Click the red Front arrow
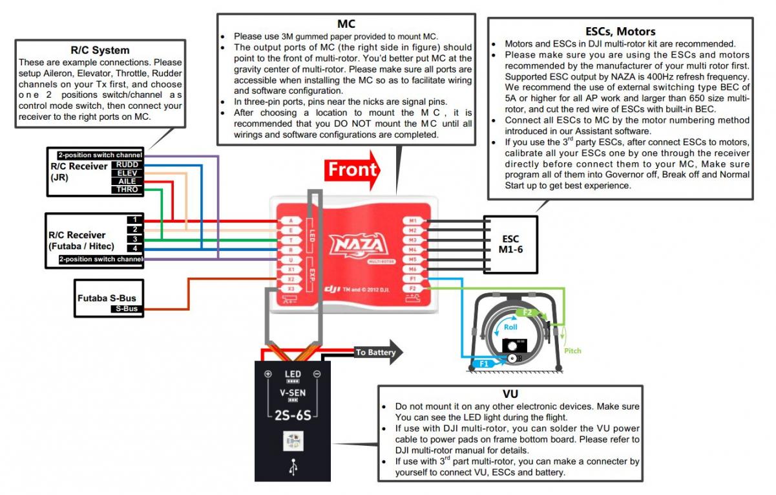(x=352, y=170)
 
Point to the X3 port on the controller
(x=291, y=289)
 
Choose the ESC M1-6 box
(x=510, y=244)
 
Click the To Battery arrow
(x=377, y=353)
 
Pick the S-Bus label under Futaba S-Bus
(x=127, y=309)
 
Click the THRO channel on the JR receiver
(x=127, y=190)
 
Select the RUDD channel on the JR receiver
(x=127, y=165)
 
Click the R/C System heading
(x=100, y=50)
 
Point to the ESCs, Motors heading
(x=620, y=31)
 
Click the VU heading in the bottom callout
(x=510, y=393)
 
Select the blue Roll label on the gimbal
(x=510, y=327)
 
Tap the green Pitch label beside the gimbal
(x=572, y=351)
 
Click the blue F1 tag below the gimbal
(x=483, y=364)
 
